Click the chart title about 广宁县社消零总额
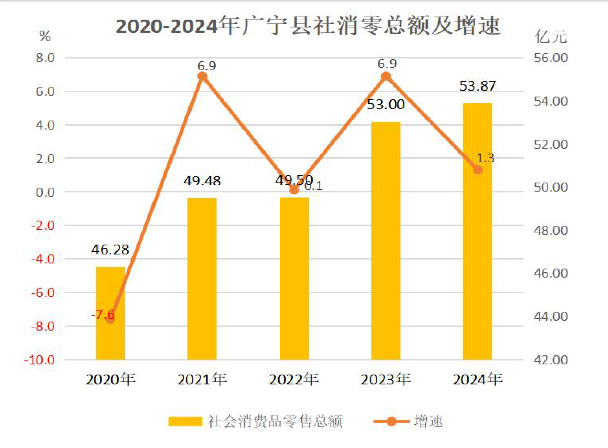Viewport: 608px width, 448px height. tap(308, 26)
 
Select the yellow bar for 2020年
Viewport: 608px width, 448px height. tap(110, 313)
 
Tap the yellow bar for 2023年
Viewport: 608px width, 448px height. tap(386, 241)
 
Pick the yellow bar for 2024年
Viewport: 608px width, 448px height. tap(478, 232)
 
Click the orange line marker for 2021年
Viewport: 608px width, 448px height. tap(202, 77)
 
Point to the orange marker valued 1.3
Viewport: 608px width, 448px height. tap(478, 170)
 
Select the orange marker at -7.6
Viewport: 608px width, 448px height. tap(110, 319)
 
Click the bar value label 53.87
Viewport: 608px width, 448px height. tap(478, 86)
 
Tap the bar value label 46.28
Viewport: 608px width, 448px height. tap(110, 250)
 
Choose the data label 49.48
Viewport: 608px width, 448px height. tap(202, 181)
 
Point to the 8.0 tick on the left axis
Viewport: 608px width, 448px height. tap(45, 57)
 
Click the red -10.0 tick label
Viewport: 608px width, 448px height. tap(39, 360)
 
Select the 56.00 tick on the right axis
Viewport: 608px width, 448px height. tap(551, 58)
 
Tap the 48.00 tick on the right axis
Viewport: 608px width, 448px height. tap(551, 230)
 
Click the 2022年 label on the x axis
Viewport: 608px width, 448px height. tap(294, 379)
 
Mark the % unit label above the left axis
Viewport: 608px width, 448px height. tap(45, 36)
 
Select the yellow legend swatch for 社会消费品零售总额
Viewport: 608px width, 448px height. tap(186, 421)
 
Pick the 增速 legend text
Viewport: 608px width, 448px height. tap(428, 421)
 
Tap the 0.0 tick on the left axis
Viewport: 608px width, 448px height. tap(45, 192)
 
